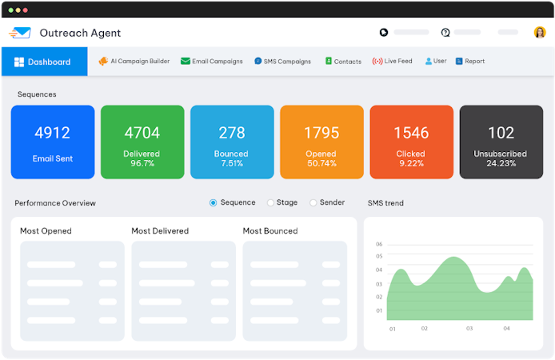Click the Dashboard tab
[43, 62]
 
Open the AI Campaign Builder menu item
[134, 62]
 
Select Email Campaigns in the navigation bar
[212, 62]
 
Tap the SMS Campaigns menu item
[282, 62]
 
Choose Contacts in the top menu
[343, 62]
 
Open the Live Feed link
[393, 62]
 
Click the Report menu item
[470, 62]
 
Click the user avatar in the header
[539, 33]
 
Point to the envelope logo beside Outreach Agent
[21, 33]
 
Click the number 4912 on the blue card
[52, 133]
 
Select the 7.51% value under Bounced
[231, 164]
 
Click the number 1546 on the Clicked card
[411, 133]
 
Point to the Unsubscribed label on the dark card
[500, 154]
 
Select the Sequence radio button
[214, 203]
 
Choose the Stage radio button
[270, 203]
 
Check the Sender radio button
[313, 203]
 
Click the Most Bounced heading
[270, 231]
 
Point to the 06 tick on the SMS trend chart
[379, 244]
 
